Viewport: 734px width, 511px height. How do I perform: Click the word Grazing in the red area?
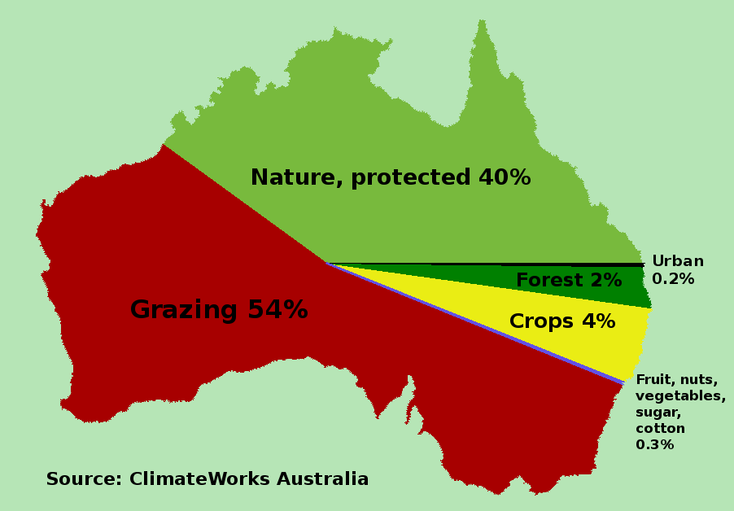coord(184,311)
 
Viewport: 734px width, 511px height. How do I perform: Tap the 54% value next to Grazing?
coord(277,309)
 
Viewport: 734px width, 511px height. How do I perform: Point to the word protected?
coord(410,178)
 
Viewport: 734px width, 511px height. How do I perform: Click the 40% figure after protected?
coord(505,177)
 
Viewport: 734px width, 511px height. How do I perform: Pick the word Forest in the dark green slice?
coord(549,280)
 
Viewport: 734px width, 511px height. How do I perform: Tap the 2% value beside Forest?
coord(606,280)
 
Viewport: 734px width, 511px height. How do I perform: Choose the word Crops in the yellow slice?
coord(541,322)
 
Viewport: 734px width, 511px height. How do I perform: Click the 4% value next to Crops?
coord(599,321)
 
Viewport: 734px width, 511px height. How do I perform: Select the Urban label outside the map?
coord(678,260)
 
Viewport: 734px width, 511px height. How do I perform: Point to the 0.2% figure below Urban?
coord(673,279)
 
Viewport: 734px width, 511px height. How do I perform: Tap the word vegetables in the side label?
coord(680,396)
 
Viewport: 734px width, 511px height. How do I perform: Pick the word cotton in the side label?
coord(660,429)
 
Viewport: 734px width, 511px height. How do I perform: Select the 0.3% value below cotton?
coord(654,444)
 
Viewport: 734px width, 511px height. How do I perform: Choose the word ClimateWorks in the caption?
coord(199,479)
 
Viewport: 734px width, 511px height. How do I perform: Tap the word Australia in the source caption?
coord(322,479)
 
